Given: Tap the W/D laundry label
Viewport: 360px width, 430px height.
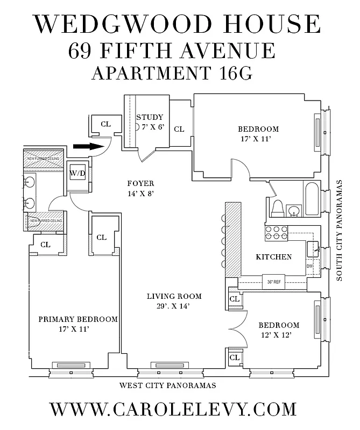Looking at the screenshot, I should click(x=77, y=173).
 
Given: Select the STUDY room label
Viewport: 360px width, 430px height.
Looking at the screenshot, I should click(x=149, y=118).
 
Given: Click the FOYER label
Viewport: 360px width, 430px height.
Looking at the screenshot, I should click(x=140, y=184).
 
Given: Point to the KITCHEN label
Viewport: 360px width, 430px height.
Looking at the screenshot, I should click(x=273, y=257).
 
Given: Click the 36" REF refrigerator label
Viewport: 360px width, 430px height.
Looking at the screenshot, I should click(x=274, y=281).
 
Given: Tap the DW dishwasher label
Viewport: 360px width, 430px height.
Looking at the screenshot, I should click(x=309, y=266).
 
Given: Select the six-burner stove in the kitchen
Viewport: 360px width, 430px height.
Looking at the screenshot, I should click(x=276, y=233).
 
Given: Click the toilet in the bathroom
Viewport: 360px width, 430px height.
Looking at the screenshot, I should click(x=278, y=207).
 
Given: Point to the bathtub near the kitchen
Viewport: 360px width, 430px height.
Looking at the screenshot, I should click(x=312, y=199).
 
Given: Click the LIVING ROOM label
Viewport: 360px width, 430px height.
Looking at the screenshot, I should click(x=174, y=296).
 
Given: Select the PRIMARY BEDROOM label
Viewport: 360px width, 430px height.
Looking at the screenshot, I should click(x=78, y=319).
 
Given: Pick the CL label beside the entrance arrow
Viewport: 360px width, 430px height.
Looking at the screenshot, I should click(x=105, y=124).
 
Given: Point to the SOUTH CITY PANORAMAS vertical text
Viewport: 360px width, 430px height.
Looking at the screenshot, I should click(x=341, y=231).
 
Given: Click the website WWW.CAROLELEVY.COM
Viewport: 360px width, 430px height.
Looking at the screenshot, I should click(x=173, y=409).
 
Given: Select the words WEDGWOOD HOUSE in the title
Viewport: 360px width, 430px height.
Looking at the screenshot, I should click(x=177, y=25).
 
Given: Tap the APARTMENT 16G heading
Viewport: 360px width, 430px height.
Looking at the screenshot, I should click(x=172, y=73).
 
